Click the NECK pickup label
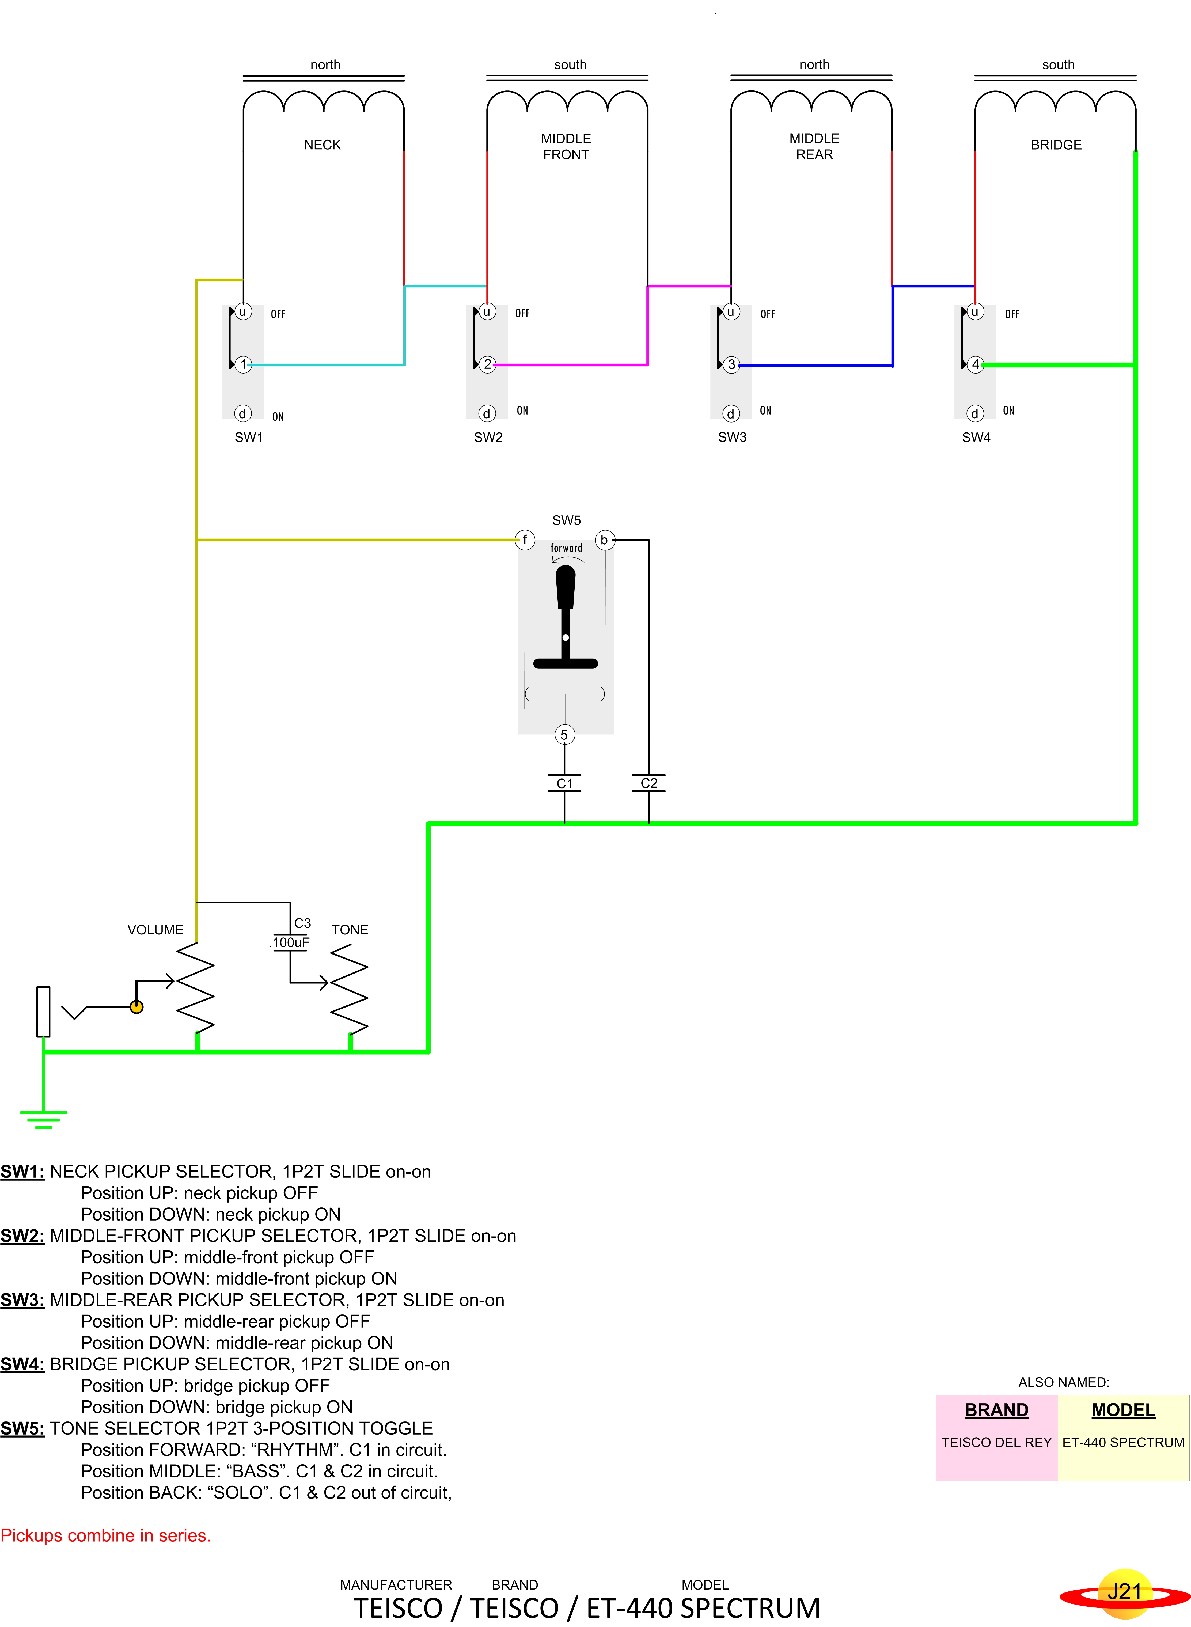(x=322, y=145)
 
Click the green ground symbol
(x=43, y=1119)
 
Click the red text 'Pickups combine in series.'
(x=105, y=1535)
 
